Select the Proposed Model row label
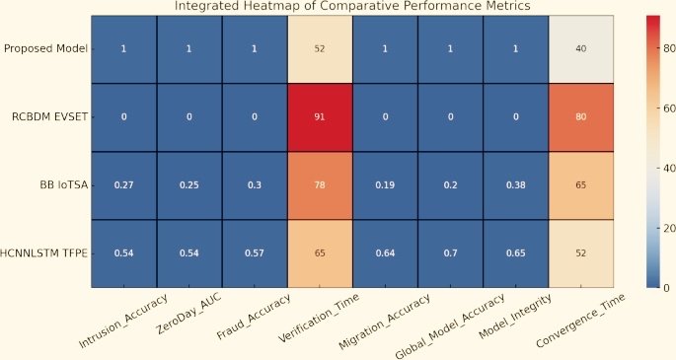(45, 48)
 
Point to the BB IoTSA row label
(60, 184)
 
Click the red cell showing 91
(320, 116)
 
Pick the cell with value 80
(581, 116)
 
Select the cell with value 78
(320, 184)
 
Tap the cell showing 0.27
(123, 184)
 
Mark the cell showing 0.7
(451, 253)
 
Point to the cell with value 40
(581, 48)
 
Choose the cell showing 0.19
(385, 184)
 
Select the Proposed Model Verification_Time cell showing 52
(320, 48)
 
